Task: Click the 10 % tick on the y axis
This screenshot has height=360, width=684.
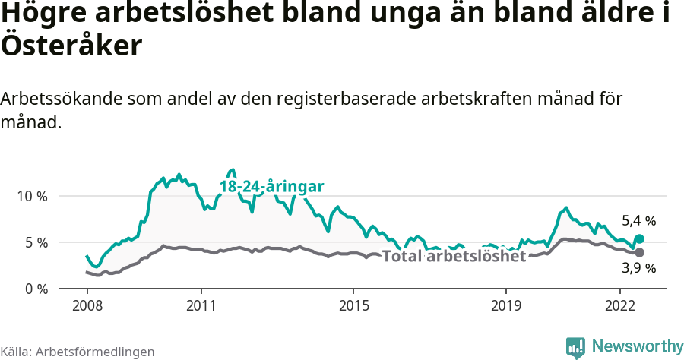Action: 32,196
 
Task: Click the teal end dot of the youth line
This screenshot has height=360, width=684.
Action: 639,238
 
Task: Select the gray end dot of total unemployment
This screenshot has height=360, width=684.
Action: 639,252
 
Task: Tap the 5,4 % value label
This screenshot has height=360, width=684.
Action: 638,221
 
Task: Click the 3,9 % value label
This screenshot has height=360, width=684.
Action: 638,268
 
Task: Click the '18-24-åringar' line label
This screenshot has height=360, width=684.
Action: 272,186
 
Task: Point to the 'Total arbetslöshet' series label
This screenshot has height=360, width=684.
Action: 454,256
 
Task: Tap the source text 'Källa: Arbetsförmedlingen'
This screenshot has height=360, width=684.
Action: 78,352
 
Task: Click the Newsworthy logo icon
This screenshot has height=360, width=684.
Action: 576,347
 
